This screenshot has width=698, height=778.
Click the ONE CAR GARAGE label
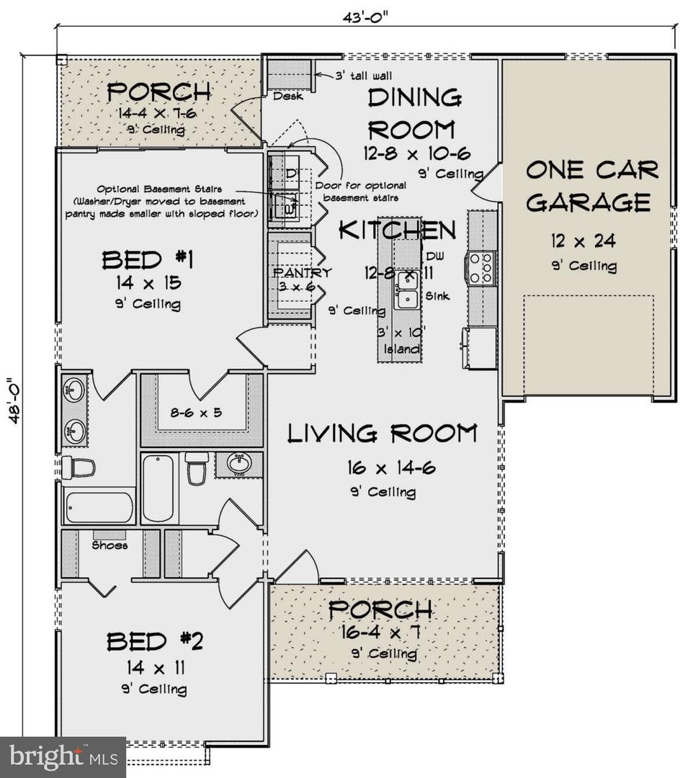point(591,186)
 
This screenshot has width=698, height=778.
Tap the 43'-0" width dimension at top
point(365,15)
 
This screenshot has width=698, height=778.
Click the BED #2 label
point(155,641)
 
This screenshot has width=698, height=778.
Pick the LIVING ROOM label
point(382,433)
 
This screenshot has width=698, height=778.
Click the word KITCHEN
point(397,230)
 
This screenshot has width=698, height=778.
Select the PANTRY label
point(302,273)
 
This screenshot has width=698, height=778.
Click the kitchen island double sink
point(407,290)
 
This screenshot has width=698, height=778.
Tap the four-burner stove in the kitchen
point(482,267)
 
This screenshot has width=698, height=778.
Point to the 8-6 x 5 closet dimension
point(197,413)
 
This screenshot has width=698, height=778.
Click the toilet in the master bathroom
point(78,468)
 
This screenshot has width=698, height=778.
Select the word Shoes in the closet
point(109,545)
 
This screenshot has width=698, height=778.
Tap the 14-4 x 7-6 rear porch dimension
point(151,113)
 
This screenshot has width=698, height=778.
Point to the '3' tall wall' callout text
point(364,75)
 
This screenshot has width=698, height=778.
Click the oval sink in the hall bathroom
point(239,464)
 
